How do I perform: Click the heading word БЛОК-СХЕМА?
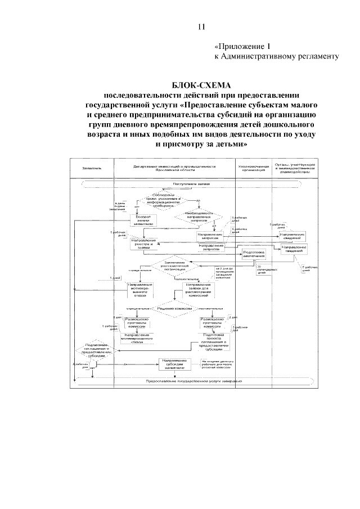[x=201, y=85]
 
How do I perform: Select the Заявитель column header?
[x=92, y=168]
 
